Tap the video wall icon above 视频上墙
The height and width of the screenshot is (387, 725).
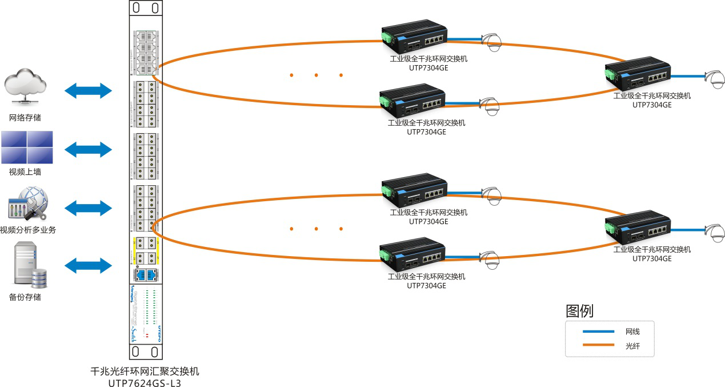point(27,147)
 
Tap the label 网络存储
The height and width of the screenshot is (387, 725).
point(25,118)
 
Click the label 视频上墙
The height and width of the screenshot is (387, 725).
point(25,171)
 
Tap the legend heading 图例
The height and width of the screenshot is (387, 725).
point(579,311)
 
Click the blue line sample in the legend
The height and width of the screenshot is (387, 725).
point(598,332)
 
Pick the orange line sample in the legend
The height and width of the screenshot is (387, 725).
point(598,345)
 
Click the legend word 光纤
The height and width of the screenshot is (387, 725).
point(632,345)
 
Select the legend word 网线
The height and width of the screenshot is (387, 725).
point(632,332)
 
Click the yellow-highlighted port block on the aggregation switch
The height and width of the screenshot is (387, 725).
point(145,250)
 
